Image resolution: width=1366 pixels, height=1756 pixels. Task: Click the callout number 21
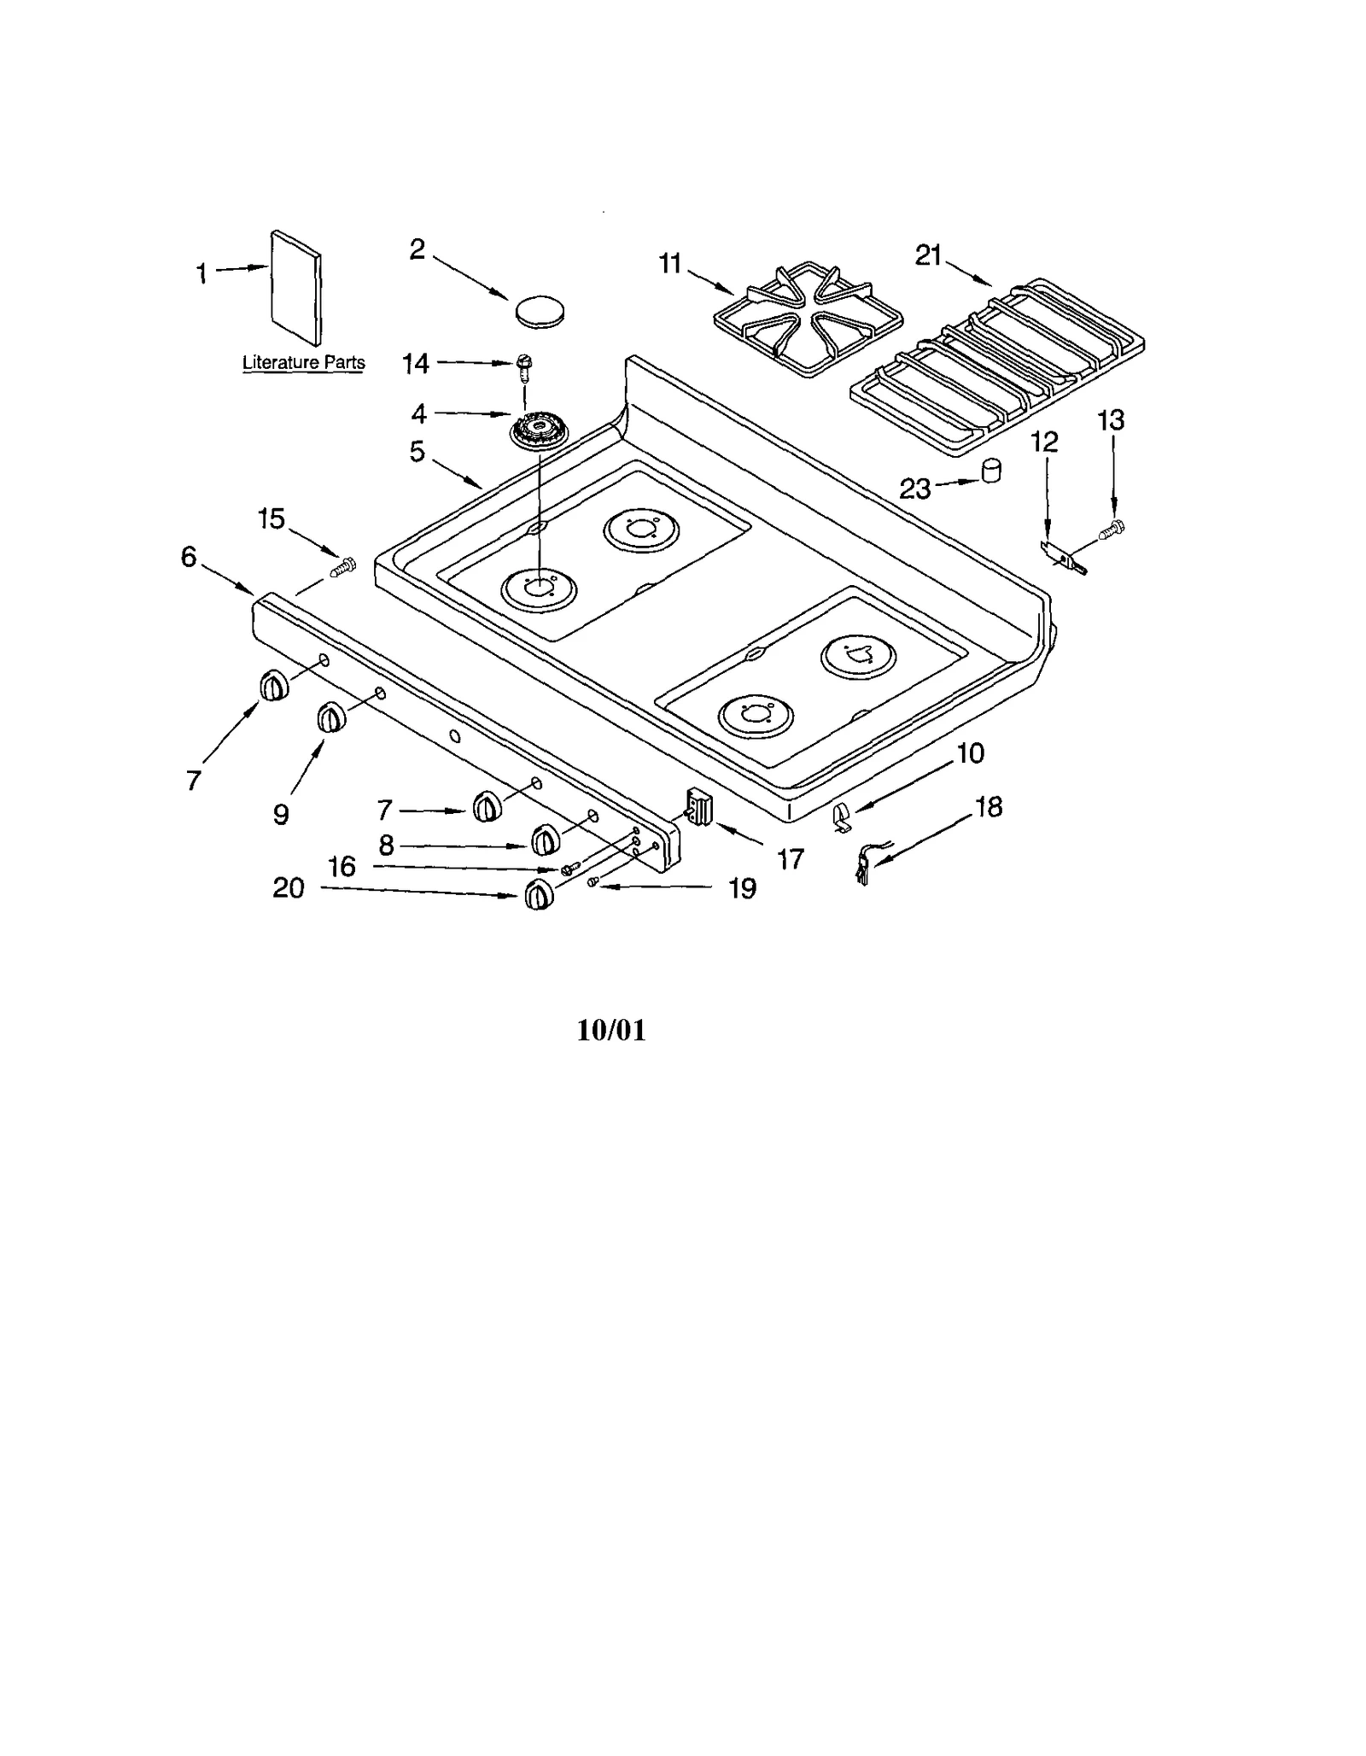[x=928, y=255]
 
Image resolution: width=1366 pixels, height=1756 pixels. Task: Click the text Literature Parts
[x=303, y=362]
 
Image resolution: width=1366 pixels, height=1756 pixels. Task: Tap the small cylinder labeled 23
[x=990, y=471]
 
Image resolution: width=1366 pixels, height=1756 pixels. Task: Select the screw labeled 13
[x=1114, y=529]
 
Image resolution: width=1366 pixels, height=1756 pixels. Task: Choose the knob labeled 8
[x=546, y=840]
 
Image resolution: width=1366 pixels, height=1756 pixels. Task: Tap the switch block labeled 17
[x=699, y=806]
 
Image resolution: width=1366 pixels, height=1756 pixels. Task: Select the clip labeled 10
[x=841, y=817]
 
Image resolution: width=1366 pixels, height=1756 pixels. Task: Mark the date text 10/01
[x=611, y=1030]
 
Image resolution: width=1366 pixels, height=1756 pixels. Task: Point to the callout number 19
[x=743, y=889]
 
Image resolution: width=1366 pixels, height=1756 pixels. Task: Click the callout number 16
[x=342, y=867]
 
